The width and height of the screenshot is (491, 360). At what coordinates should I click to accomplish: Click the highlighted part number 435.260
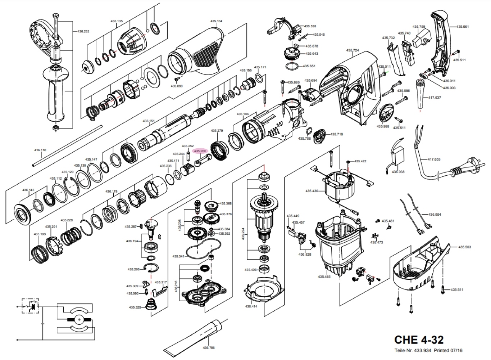(200, 151)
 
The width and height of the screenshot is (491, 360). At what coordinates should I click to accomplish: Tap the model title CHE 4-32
(419, 339)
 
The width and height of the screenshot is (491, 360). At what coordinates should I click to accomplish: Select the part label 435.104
(217, 21)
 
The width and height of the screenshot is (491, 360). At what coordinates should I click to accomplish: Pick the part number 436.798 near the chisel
(209, 348)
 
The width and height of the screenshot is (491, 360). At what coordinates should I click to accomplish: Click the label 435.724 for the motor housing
(353, 50)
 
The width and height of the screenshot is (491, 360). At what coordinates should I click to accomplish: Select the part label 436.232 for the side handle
(83, 31)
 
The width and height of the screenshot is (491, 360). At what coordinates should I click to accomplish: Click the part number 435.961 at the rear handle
(463, 27)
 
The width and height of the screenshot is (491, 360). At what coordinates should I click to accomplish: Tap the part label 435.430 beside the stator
(312, 191)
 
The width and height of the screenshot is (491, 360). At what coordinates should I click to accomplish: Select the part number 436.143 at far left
(28, 190)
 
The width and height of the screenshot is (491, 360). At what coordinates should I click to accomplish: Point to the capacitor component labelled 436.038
(399, 156)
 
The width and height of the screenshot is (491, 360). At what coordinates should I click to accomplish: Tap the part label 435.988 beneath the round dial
(383, 126)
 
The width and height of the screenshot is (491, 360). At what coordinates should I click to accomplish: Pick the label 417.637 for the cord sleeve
(435, 98)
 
